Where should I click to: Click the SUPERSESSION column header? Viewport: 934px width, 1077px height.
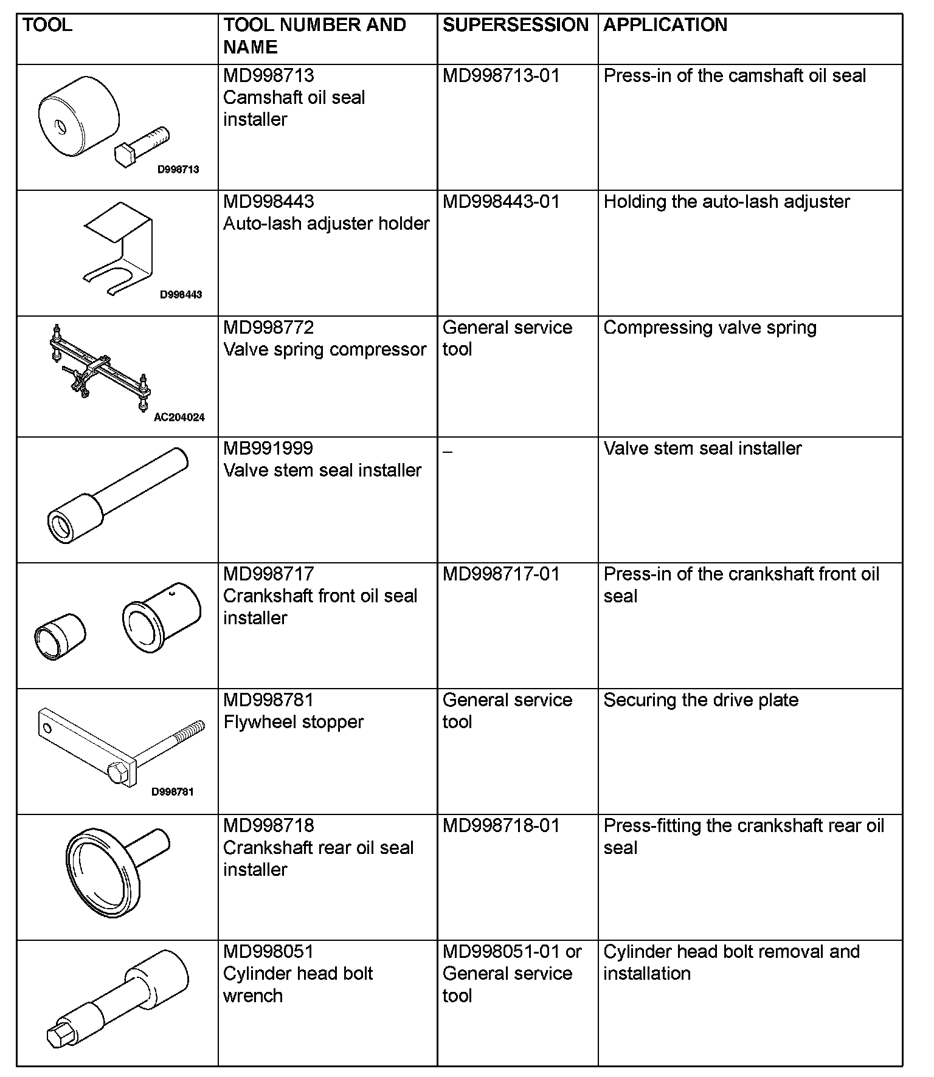(515, 25)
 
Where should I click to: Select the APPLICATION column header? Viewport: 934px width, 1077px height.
(665, 25)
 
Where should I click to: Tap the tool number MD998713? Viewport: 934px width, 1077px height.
(268, 76)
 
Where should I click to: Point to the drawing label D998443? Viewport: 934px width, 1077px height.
(181, 295)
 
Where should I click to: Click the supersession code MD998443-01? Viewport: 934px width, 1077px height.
(501, 202)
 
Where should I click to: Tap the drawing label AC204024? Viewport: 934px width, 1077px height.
(179, 418)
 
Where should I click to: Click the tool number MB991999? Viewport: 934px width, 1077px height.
(268, 449)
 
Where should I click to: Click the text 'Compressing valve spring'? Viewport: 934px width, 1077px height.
(710, 328)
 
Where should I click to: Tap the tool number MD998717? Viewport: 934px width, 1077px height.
(268, 574)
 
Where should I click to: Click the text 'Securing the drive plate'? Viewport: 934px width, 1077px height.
(700, 700)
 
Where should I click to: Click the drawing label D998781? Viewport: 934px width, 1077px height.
(172, 792)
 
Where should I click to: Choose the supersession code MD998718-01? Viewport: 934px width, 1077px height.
(501, 826)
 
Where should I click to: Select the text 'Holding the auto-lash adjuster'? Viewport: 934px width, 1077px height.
(727, 202)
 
